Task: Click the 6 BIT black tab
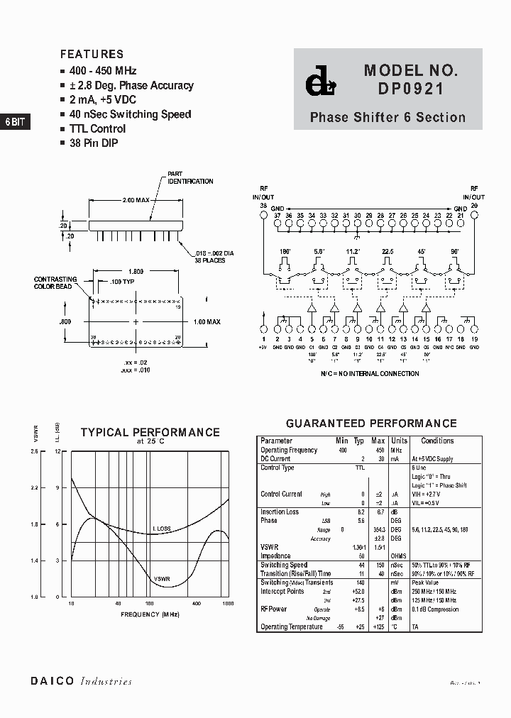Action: click(15, 122)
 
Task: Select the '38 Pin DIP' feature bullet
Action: click(94, 143)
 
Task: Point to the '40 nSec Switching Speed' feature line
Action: click(130, 114)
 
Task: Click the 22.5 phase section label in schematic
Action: click(387, 251)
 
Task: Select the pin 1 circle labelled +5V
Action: click(263, 330)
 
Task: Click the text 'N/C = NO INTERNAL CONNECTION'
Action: click(370, 373)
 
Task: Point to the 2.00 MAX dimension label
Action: click(138, 201)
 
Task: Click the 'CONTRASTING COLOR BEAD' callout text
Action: click(55, 283)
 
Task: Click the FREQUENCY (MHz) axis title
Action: click(150, 614)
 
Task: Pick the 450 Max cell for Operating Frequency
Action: click(378, 451)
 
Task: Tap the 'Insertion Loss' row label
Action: click(280, 512)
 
